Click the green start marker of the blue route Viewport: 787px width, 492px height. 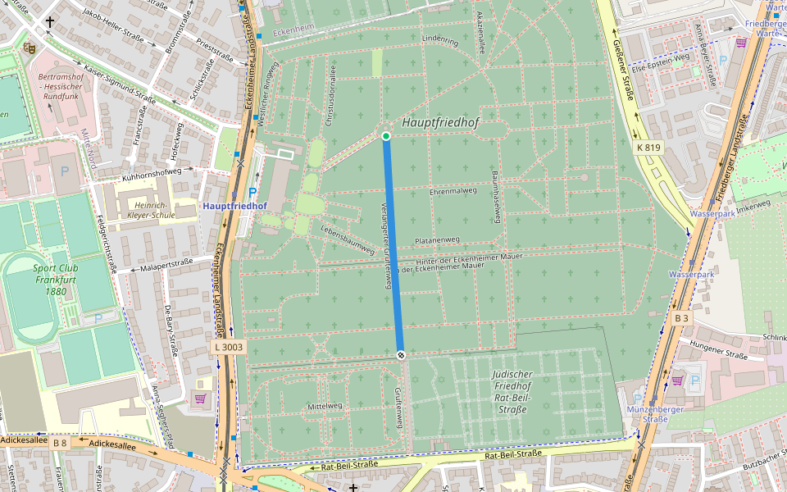(x=386, y=136)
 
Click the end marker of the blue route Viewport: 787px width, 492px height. (x=401, y=354)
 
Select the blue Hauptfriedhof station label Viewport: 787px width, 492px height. (x=234, y=206)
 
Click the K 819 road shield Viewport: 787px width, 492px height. (x=648, y=148)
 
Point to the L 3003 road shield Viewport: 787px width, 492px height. (x=229, y=347)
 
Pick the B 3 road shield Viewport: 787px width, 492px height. (x=681, y=317)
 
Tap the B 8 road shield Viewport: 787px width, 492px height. (x=60, y=443)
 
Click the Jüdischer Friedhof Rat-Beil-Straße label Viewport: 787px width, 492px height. (x=512, y=391)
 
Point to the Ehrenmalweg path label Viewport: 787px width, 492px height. (x=453, y=191)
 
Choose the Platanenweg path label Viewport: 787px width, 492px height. (x=437, y=240)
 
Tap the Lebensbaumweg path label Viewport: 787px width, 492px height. (x=347, y=237)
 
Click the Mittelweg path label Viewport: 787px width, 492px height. (x=323, y=406)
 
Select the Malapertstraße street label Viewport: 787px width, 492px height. (x=166, y=264)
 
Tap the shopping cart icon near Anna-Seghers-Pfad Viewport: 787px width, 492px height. (x=200, y=399)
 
